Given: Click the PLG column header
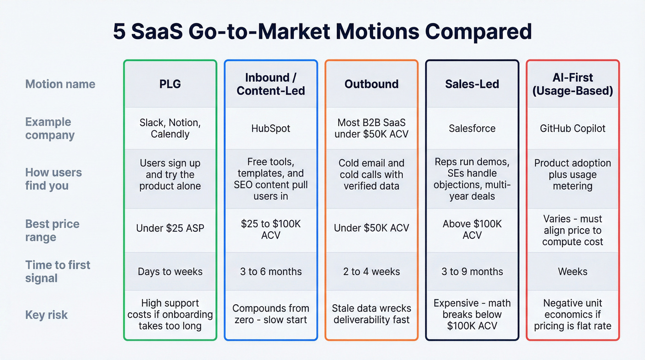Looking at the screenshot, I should point(170,84).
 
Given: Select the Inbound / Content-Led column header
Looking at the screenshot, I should point(271,84).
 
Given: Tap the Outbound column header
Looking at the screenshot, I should point(371,84).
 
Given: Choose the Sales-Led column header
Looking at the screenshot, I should point(472,84).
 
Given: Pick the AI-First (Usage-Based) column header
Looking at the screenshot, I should point(573,84).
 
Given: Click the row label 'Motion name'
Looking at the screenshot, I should point(60,84).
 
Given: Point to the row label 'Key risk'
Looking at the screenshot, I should point(47,315).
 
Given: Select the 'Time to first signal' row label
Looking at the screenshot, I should point(58,271).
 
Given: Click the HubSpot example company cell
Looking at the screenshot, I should point(271,128).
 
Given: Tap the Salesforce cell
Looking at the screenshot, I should point(472,128).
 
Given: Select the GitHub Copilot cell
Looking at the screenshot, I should point(573,128).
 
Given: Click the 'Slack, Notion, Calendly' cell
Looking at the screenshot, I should point(170,128).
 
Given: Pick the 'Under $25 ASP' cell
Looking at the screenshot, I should point(170,228).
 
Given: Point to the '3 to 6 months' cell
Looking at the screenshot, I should point(271,271).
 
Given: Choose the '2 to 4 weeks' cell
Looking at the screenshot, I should point(371,271).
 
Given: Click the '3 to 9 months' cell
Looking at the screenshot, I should point(472,271).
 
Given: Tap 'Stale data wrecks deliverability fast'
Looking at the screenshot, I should point(371,314).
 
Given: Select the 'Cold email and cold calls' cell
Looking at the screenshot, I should point(371,175).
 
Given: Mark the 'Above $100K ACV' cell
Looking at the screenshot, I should point(472,229).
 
